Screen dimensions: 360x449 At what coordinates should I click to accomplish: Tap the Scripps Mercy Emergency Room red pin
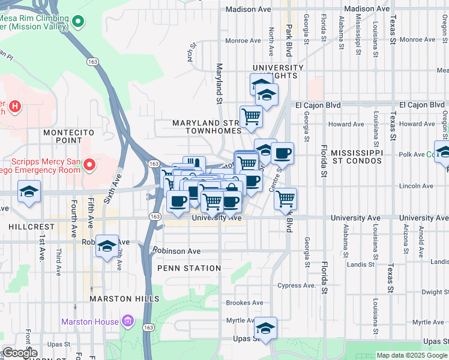(x=90, y=164)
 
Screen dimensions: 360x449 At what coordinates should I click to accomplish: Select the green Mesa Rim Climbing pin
(x=77, y=23)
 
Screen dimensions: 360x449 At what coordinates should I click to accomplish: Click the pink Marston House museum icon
(x=127, y=322)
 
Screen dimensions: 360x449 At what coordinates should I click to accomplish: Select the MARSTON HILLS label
(x=124, y=298)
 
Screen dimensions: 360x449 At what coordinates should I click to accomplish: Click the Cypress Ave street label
(x=301, y=286)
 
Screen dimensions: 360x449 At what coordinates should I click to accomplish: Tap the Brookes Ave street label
(x=244, y=303)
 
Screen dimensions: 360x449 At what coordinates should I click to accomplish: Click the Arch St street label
(x=193, y=50)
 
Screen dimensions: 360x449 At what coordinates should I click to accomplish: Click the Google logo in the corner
(x=19, y=353)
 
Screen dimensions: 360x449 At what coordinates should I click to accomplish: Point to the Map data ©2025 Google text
(x=411, y=355)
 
